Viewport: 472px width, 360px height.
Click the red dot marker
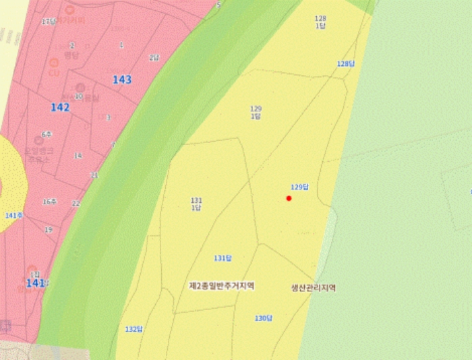click(x=289, y=198)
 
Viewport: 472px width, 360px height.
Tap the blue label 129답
click(x=299, y=187)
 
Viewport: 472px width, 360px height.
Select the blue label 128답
click(x=345, y=63)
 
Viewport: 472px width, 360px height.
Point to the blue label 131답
click(x=223, y=258)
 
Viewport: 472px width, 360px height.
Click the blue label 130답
click(x=264, y=318)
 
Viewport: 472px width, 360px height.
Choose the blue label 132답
click(x=134, y=329)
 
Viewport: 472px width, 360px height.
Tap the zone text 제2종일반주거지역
click(x=221, y=286)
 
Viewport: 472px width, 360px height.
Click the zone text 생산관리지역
click(x=313, y=288)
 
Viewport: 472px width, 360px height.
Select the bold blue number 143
click(x=122, y=80)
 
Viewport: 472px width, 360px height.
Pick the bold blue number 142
click(x=60, y=107)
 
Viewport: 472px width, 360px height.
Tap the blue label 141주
click(x=14, y=216)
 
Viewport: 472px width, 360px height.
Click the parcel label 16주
click(x=49, y=202)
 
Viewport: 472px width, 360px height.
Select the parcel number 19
click(x=49, y=230)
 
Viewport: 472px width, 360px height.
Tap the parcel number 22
click(x=76, y=204)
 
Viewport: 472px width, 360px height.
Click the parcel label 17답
click(x=49, y=22)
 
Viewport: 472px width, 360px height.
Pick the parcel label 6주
click(x=47, y=135)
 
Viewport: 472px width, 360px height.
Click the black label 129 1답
click(x=256, y=112)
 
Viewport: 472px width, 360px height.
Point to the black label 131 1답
click(x=196, y=204)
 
